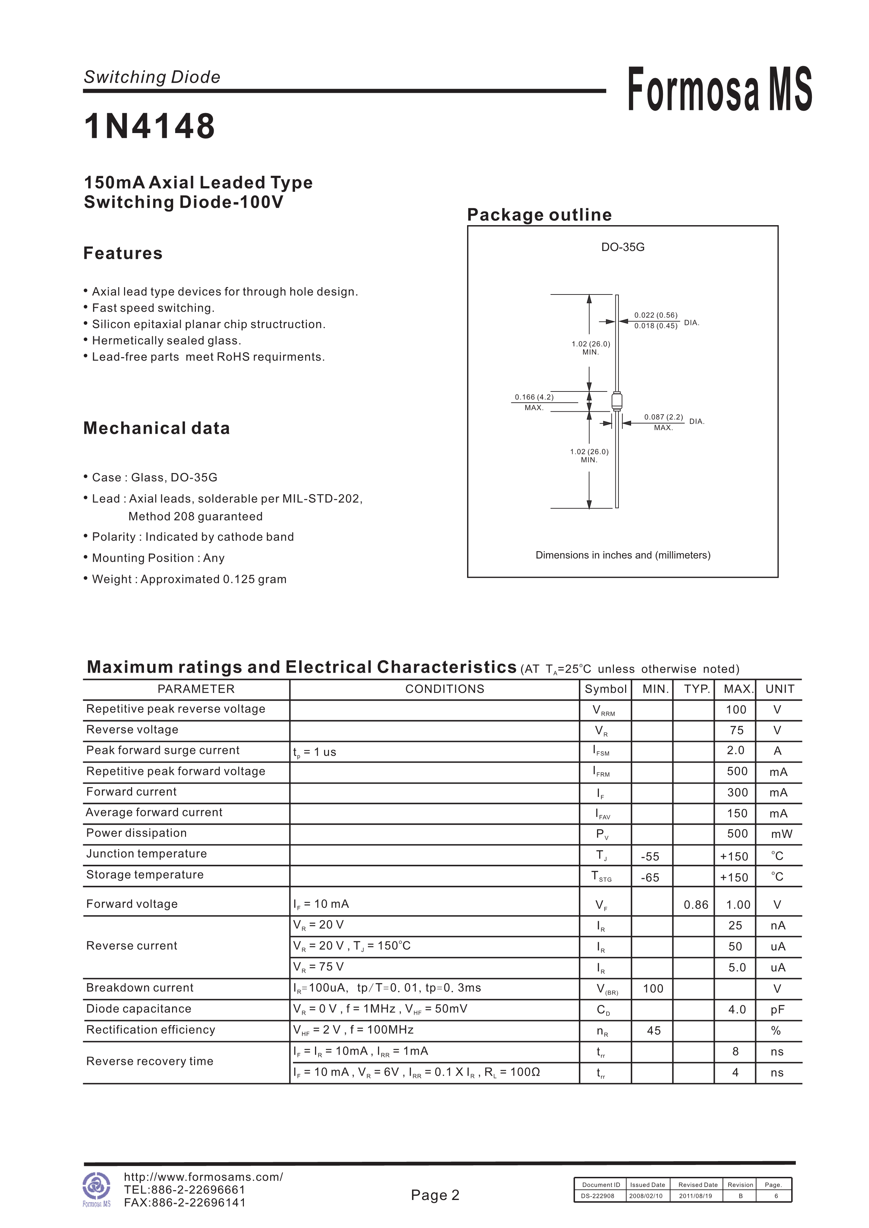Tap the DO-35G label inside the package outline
tap(623, 247)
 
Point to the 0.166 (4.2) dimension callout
tap(534, 397)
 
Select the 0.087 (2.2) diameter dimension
tap(664, 417)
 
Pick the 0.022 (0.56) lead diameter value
tap(656, 315)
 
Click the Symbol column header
tap(605, 689)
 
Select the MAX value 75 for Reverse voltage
tap(736, 730)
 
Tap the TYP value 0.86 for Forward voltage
tap(696, 905)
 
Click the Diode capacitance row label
tap(139, 1009)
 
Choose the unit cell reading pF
tap(778, 1010)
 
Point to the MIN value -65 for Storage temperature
tap(650, 878)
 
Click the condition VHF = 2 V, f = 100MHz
tap(353, 1030)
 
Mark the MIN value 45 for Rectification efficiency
tap(654, 1031)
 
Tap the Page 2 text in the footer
tap(435, 1195)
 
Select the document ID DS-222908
tap(598, 1196)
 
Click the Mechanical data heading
tap(157, 428)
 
